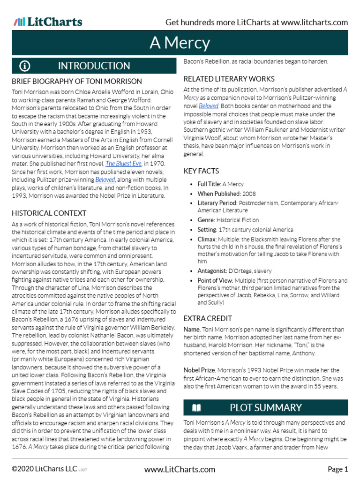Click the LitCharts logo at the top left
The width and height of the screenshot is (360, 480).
(x=48, y=22)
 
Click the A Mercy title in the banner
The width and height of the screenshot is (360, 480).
(x=180, y=43)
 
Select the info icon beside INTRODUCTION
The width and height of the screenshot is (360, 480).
(x=25, y=66)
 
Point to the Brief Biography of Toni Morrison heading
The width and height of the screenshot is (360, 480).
(x=76, y=82)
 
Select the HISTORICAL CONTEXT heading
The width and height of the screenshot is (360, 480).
(x=49, y=213)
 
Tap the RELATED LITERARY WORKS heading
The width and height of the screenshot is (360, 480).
(x=229, y=79)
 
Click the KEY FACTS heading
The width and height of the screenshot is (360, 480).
(x=201, y=171)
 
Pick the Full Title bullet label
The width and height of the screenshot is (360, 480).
(x=209, y=185)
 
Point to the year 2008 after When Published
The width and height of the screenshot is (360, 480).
(x=249, y=194)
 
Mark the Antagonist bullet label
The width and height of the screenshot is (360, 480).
(x=213, y=271)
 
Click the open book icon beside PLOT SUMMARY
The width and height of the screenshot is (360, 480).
(x=196, y=407)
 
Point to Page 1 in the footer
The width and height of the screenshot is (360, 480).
(x=337, y=469)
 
